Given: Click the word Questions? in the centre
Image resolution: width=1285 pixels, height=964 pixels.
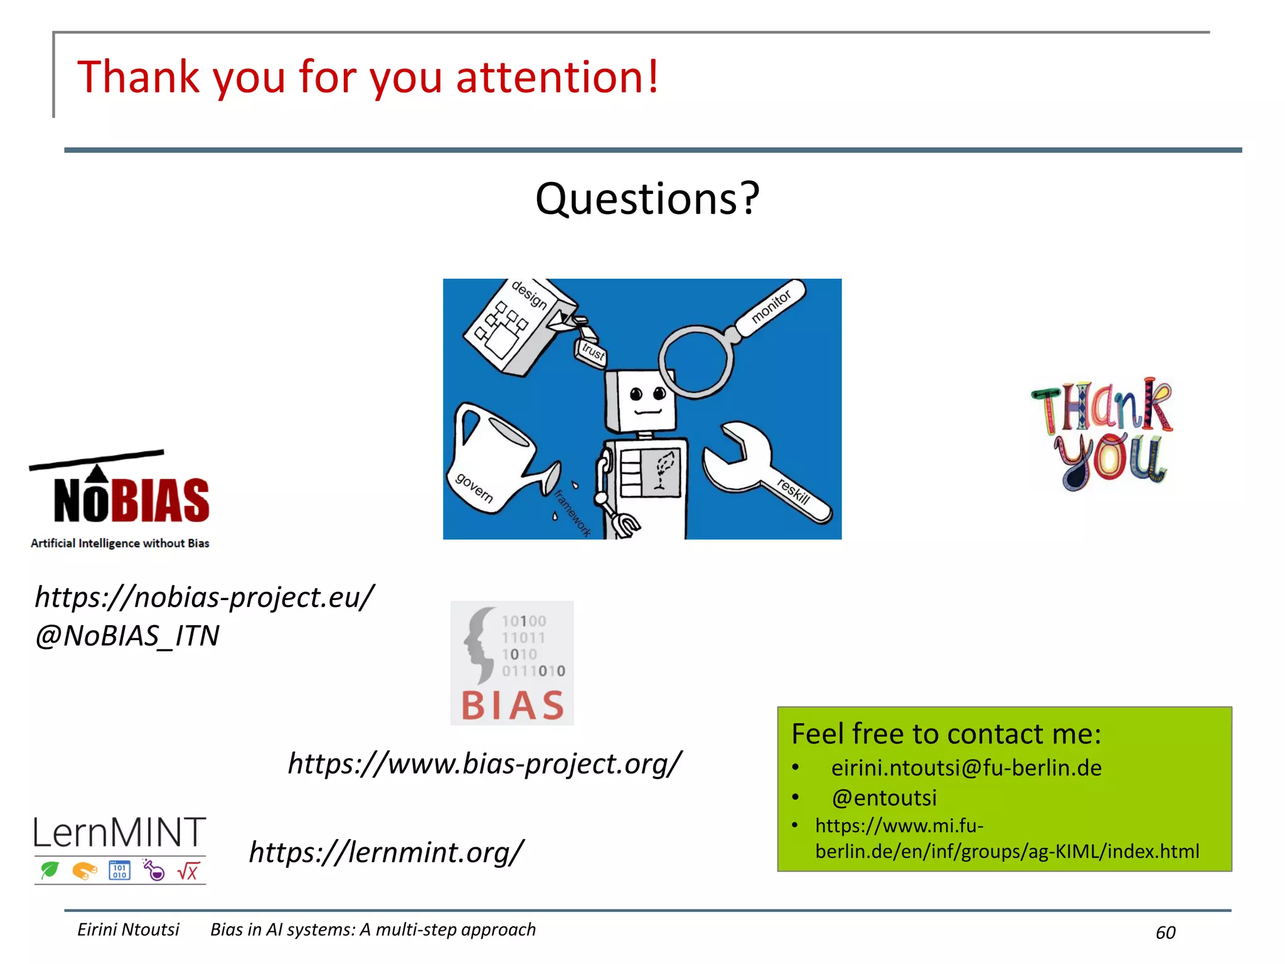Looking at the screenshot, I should (647, 199).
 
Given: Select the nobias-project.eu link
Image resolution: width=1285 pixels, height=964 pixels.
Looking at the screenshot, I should (205, 597).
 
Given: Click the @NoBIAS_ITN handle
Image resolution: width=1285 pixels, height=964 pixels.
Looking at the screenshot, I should (127, 636).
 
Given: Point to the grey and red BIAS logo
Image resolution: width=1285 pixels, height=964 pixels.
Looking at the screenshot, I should (512, 663).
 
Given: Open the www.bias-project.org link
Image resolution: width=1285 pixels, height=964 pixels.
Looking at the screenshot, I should (484, 764).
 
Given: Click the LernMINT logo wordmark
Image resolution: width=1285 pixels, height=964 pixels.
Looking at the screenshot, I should (120, 833).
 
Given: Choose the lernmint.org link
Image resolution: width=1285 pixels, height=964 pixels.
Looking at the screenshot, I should (386, 852).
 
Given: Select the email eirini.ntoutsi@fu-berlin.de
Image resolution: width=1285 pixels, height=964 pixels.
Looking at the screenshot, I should (966, 768).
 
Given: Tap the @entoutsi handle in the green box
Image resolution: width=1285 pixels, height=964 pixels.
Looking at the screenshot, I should (883, 798).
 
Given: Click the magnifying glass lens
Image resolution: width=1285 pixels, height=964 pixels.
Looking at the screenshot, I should (695, 361).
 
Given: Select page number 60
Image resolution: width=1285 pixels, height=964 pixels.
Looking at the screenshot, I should (1165, 933).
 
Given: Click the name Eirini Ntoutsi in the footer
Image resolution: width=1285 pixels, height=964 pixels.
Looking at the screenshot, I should (128, 929).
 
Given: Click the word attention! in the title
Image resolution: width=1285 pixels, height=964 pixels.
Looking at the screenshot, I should (557, 77).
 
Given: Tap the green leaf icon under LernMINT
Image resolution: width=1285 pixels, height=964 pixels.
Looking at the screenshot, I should (50, 870).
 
